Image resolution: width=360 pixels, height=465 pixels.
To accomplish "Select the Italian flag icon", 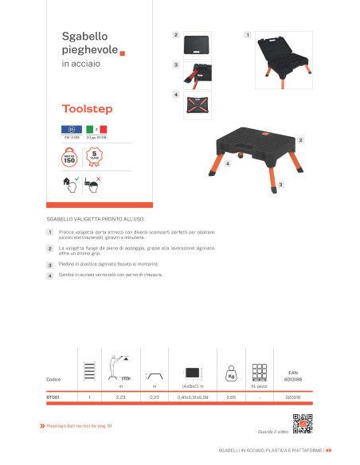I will pyautogui.click(x=101, y=129).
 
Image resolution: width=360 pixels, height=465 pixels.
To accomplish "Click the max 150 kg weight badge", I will pyautogui.click(x=68, y=157).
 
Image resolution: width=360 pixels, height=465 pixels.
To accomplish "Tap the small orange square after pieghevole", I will pyautogui.click(x=123, y=54).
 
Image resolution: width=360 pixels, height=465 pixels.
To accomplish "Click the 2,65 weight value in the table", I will pyautogui.click(x=231, y=396).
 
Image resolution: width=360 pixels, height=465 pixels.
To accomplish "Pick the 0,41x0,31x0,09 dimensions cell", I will pyautogui.click(x=190, y=396).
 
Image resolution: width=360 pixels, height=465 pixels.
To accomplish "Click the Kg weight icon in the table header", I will pyautogui.click(x=232, y=373).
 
